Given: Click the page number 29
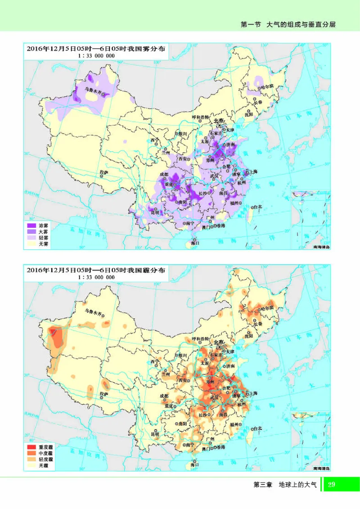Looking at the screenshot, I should [332, 484].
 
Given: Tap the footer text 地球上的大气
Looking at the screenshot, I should [297, 485].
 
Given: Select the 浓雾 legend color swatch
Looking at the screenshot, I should [31, 225].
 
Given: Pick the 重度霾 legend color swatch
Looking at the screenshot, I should [31, 447].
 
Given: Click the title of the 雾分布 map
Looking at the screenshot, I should [96, 49].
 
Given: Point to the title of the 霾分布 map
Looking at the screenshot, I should [96, 270].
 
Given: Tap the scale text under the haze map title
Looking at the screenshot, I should [96, 278].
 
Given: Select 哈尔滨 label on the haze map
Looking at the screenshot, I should [265, 309].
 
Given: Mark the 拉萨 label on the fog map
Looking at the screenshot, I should [104, 172].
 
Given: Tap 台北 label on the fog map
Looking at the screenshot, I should [257, 207].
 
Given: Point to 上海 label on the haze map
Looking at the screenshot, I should [252, 393].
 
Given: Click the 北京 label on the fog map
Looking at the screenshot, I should [219, 121].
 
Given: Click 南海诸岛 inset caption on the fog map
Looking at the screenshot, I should [321, 247].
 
